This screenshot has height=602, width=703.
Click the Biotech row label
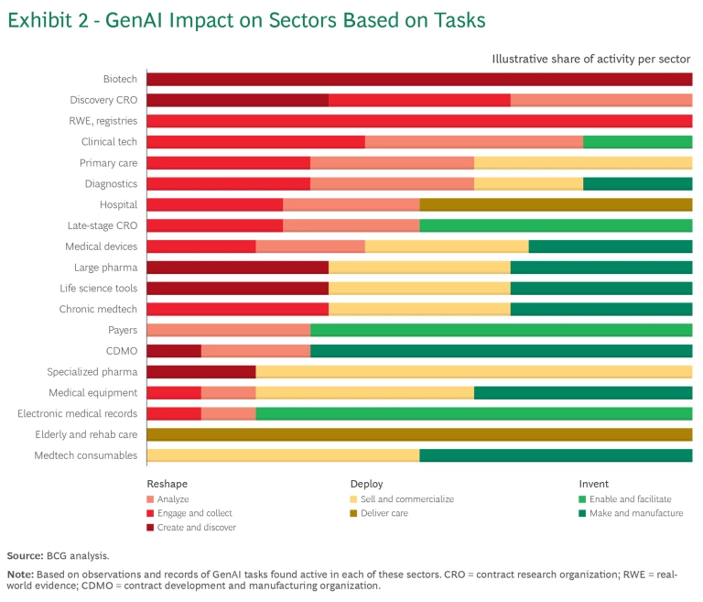click(120, 79)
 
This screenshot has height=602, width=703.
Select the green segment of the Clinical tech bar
click(637, 142)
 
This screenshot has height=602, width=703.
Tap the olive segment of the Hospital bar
click(556, 204)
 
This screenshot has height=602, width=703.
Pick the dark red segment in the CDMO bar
click(174, 351)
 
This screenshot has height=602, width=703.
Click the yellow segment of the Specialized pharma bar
click(473, 372)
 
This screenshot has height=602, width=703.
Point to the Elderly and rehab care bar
click(419, 434)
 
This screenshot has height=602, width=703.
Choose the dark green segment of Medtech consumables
click(556, 455)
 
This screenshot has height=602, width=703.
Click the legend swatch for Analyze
click(150, 499)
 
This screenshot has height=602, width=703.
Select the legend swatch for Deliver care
click(354, 513)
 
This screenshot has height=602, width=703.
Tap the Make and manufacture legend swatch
click(583, 513)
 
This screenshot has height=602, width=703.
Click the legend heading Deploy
click(366, 484)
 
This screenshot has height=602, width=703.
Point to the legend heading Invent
click(593, 484)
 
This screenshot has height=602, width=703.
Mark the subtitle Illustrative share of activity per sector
click(590, 59)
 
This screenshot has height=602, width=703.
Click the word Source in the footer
click(25, 556)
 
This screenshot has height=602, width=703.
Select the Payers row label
click(123, 330)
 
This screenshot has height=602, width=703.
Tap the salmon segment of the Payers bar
click(228, 330)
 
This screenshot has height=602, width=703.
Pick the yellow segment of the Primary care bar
click(582, 163)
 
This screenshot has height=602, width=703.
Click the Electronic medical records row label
click(78, 413)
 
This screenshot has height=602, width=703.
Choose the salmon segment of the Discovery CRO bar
click(600, 100)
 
